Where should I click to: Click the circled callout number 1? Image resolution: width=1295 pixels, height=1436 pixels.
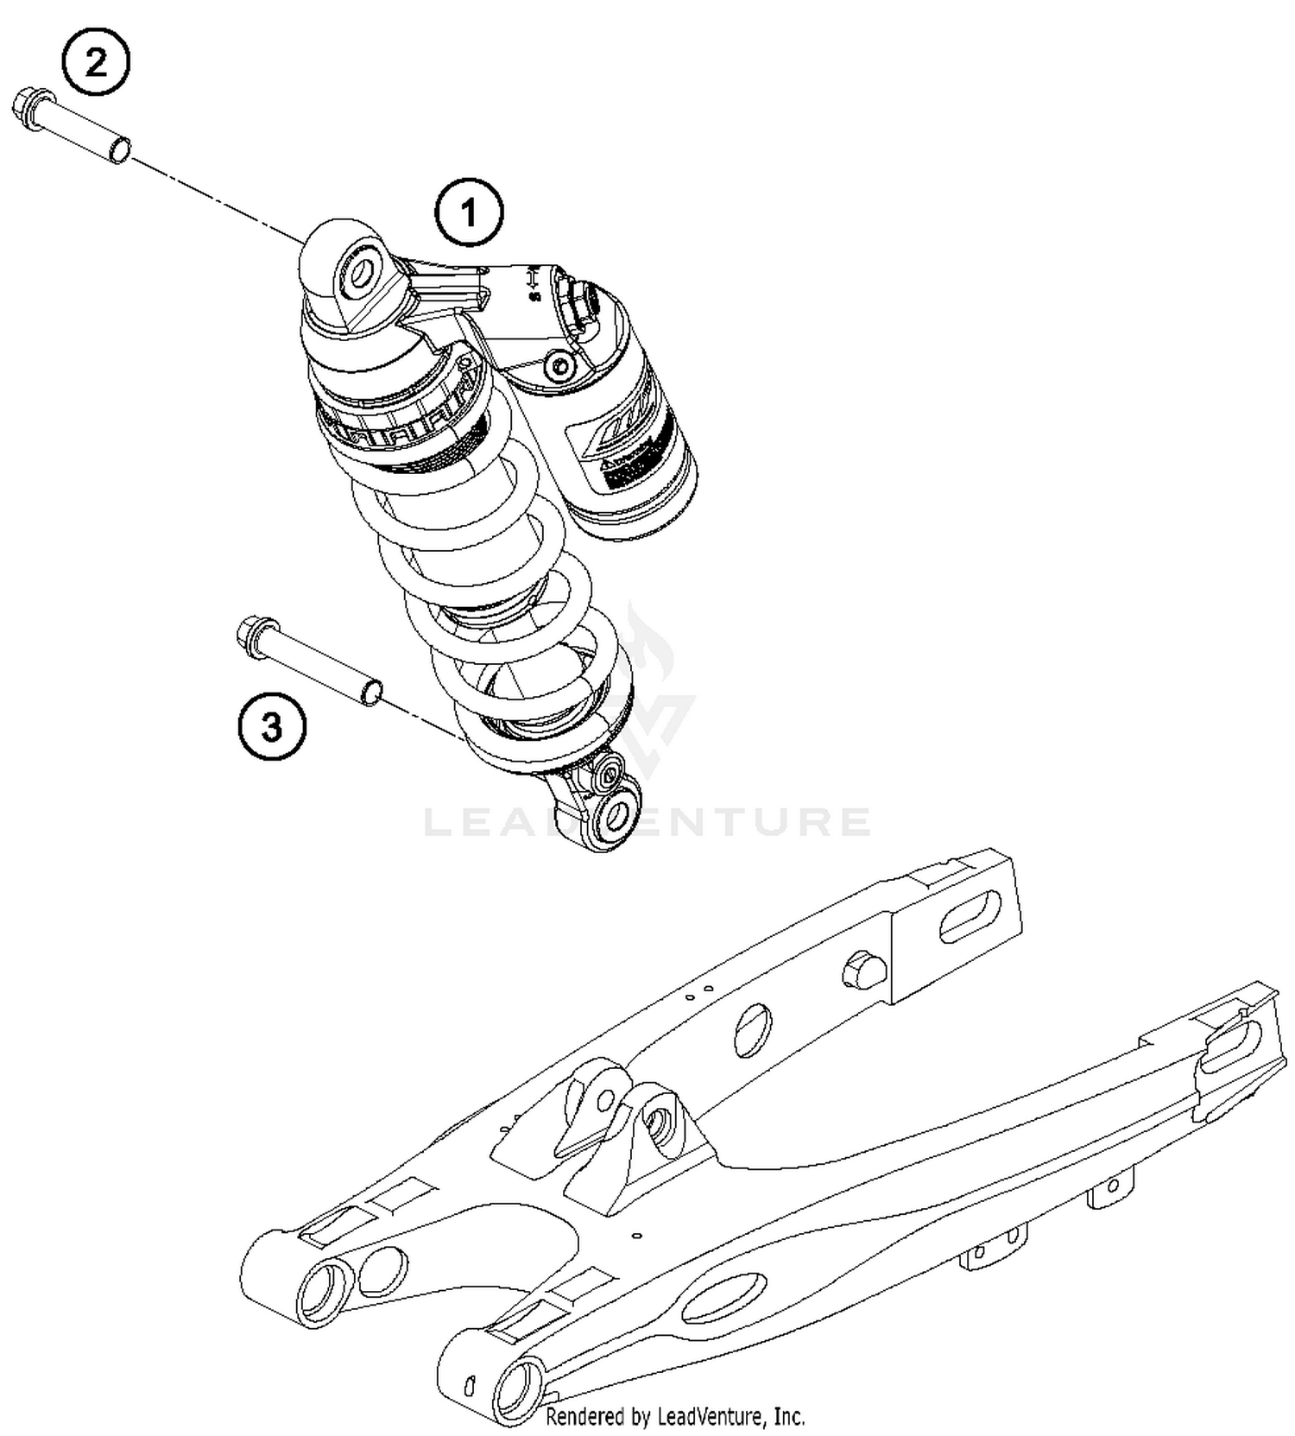pos(469,212)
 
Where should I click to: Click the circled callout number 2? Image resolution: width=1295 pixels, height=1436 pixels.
pos(96,62)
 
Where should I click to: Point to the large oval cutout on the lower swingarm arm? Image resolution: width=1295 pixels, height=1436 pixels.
pos(723,1298)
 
